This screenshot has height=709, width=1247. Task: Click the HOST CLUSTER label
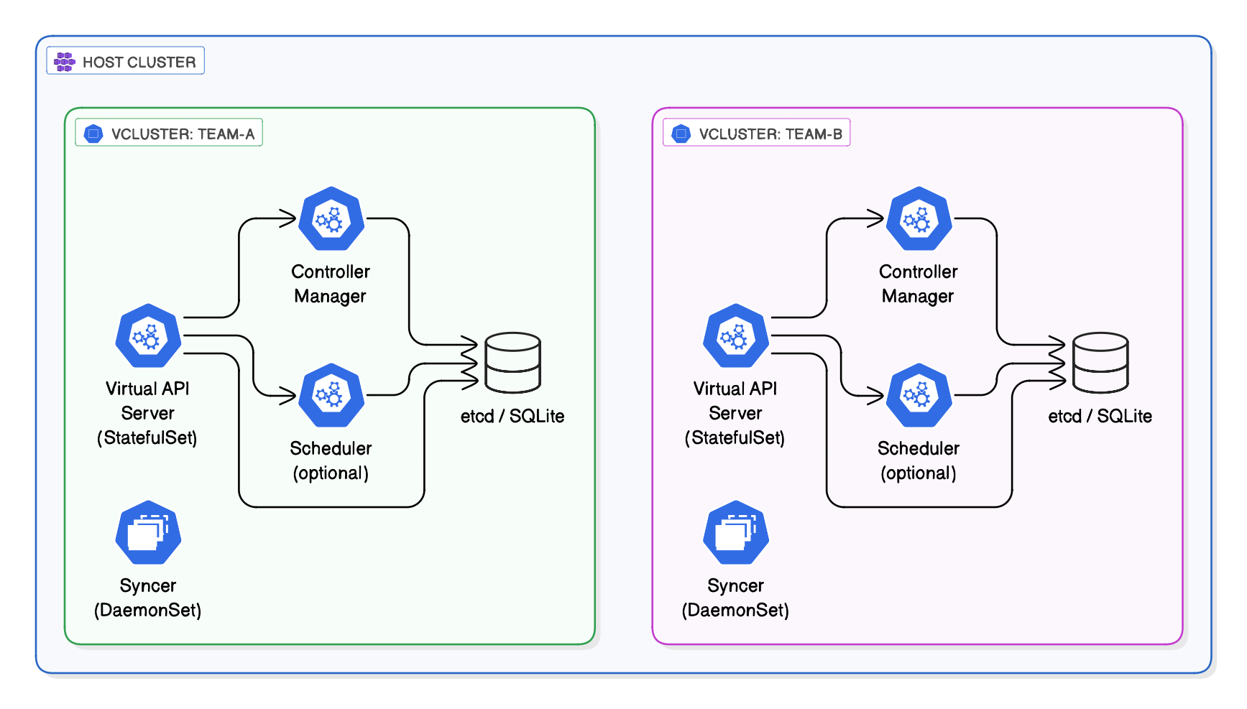click(139, 62)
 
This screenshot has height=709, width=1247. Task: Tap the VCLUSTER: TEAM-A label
click(183, 134)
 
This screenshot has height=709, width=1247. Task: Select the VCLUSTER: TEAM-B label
click(770, 134)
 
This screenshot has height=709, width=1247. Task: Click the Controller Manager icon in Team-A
click(331, 218)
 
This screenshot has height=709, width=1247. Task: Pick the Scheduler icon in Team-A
click(331, 395)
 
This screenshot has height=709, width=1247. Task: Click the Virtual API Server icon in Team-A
click(148, 335)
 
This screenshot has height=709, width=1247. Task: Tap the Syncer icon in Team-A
click(148, 532)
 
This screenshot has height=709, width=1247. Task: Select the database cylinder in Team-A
click(512, 362)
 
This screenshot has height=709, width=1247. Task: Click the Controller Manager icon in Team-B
click(919, 218)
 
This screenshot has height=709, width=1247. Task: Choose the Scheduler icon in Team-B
click(919, 395)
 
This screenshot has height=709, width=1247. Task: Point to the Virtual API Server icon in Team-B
click(736, 335)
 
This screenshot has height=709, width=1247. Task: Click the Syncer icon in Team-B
click(736, 532)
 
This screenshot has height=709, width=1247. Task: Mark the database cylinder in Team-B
click(1100, 362)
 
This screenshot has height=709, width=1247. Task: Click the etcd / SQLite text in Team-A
click(512, 416)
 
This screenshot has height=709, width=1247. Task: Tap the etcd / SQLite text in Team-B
click(1100, 416)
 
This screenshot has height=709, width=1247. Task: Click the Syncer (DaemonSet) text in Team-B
click(735, 598)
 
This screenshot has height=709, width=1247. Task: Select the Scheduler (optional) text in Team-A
click(331, 460)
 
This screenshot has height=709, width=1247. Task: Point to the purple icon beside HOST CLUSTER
click(65, 62)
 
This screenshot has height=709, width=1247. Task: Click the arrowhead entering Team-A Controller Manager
click(290, 218)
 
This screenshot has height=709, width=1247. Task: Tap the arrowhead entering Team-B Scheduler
click(878, 395)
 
